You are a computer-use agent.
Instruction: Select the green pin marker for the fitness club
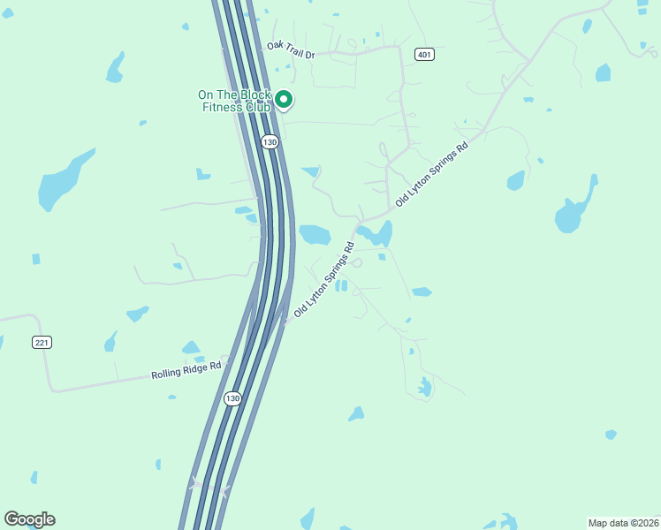pyautogui.click(x=284, y=99)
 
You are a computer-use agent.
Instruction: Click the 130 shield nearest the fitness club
pyautogui.click(x=270, y=141)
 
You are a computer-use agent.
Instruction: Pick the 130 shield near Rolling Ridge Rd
pyautogui.click(x=232, y=398)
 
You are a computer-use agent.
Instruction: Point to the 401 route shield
pyautogui.click(x=425, y=55)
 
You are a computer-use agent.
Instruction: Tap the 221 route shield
pyautogui.click(x=42, y=342)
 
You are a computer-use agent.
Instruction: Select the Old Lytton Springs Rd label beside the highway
pyautogui.click(x=324, y=280)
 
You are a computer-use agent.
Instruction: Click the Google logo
pyautogui.click(x=29, y=519)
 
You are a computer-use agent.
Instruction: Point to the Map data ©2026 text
pyautogui.click(x=623, y=523)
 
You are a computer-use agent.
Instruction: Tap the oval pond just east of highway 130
pyautogui.click(x=315, y=234)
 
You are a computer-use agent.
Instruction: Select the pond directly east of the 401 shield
pyautogui.click(x=603, y=72)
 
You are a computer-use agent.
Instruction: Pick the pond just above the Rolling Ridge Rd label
pyautogui.click(x=191, y=348)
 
